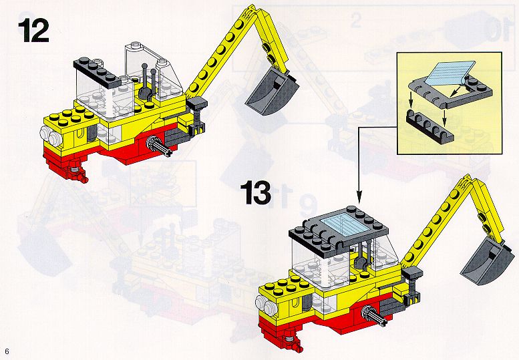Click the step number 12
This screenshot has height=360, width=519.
coord(33,31)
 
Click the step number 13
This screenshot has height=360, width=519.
coord(256,192)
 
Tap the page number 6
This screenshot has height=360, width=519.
coord(7,351)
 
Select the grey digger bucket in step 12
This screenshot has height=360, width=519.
coord(272,93)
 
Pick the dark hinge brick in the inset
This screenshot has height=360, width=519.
coord(429,127)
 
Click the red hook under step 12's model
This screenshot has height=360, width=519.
coord(77,172)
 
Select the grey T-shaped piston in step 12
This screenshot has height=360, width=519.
coord(196,112)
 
